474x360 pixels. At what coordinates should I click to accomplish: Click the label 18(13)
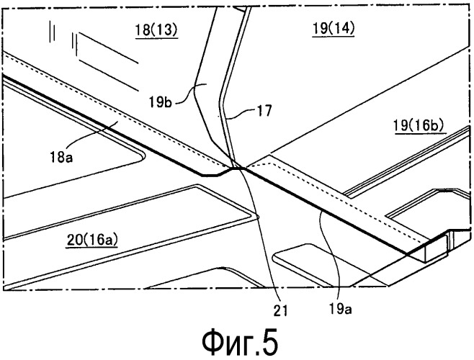pyautogui.click(x=156, y=30)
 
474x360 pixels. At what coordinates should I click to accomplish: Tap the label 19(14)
pyautogui.click(x=333, y=29)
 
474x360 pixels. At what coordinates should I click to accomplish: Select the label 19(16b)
pyautogui.click(x=419, y=125)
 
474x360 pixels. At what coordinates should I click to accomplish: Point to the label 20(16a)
pyautogui.click(x=92, y=240)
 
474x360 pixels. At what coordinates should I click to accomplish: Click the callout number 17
pyautogui.click(x=264, y=111)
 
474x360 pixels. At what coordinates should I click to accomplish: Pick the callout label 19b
pyautogui.click(x=160, y=102)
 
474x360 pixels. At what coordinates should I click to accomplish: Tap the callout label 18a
pyautogui.click(x=62, y=158)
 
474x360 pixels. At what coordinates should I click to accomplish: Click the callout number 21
pyautogui.click(x=280, y=310)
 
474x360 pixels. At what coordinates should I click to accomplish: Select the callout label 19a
pyautogui.click(x=340, y=309)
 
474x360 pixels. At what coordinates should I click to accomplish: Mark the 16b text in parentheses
pyautogui.click(x=429, y=125)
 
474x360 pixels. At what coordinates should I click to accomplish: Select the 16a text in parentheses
pyautogui.click(x=101, y=240)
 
